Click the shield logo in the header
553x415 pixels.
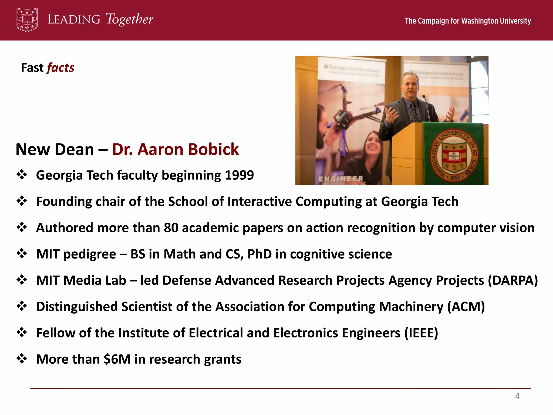tap(27, 20)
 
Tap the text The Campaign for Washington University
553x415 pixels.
tap(468, 21)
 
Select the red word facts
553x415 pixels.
tap(60, 68)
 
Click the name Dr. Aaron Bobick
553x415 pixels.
tap(175, 149)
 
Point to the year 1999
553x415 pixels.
tap(239, 175)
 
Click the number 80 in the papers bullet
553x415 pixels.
tap(171, 228)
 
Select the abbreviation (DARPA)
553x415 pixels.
tap(513, 280)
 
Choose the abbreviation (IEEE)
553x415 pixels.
tap(421, 333)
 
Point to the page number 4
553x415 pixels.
tap(517, 396)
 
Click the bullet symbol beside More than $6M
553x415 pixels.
tap(22, 359)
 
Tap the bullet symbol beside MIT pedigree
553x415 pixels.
tap(22, 254)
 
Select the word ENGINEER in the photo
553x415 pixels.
tap(341, 179)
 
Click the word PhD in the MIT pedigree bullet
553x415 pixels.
tap(259, 254)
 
